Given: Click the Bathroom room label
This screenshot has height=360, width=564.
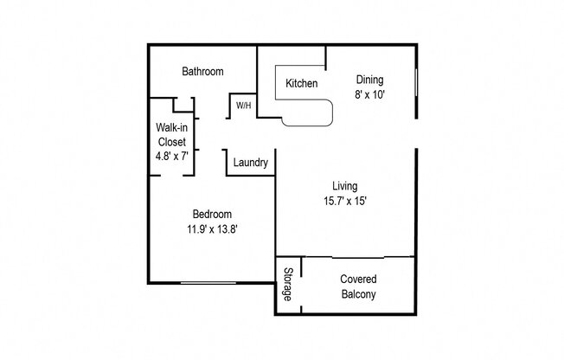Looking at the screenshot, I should (202, 72).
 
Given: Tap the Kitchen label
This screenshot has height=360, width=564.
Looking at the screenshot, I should (301, 84).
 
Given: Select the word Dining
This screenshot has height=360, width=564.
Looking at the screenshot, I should (369, 80).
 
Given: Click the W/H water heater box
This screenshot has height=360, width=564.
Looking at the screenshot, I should (243, 106).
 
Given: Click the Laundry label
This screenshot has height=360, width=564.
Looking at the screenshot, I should (250, 163).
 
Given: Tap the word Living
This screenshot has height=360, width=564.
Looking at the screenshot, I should (345, 186).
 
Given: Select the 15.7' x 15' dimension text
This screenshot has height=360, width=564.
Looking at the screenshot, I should (345, 201).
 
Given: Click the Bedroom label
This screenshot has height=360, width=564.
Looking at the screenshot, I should (211, 214).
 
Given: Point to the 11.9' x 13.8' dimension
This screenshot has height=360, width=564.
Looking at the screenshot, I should (211, 228).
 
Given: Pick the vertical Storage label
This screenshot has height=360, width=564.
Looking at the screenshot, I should (287, 285).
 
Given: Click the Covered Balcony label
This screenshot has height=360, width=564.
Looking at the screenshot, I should (357, 287).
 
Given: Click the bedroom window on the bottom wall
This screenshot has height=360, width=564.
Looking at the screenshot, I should (208, 282).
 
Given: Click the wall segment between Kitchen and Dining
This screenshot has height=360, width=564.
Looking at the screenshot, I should (325, 57).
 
